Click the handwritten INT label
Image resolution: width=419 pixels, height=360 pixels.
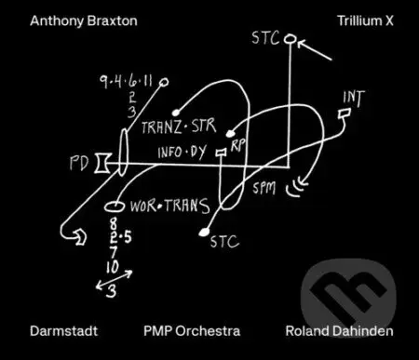click(x=355, y=98)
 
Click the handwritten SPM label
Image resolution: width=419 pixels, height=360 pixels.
click(x=264, y=188)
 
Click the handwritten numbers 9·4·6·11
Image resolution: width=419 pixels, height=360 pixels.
click(x=131, y=82)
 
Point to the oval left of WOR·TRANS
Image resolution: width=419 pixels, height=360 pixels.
click(x=115, y=204)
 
